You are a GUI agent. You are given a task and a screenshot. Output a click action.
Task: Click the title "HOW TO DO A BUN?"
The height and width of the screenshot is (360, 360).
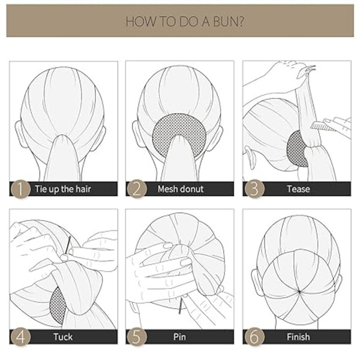(x=185, y=22)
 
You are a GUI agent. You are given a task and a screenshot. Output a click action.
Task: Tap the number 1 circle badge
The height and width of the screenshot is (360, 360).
(x=20, y=189)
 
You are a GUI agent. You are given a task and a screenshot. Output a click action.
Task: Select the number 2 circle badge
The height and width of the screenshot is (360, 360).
(x=137, y=189)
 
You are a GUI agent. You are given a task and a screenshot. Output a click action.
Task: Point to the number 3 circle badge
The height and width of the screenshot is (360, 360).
(x=254, y=189)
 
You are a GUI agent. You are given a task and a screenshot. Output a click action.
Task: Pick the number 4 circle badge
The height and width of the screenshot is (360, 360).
(x=20, y=337)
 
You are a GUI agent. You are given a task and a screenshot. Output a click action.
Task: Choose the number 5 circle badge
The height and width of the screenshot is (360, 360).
(x=137, y=337)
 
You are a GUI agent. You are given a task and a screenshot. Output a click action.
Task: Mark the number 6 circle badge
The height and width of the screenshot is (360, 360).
(x=254, y=337)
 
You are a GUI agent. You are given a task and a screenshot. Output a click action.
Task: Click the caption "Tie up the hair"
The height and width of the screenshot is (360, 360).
(x=63, y=190)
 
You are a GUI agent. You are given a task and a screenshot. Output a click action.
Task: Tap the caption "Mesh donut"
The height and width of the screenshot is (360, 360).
(x=181, y=189)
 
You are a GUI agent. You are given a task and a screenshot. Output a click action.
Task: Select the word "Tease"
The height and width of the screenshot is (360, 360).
(x=298, y=189)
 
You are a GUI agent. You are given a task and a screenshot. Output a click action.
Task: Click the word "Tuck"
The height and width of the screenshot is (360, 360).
(x=63, y=337)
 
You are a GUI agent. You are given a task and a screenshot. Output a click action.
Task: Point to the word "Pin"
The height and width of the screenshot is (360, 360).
(x=179, y=337)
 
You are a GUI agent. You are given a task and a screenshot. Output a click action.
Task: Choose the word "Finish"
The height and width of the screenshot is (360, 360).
(x=298, y=337)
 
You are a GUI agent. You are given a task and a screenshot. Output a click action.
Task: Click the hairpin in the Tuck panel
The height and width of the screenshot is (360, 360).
(x=68, y=245)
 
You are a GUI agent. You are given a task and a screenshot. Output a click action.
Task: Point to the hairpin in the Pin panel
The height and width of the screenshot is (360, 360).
(x=181, y=306)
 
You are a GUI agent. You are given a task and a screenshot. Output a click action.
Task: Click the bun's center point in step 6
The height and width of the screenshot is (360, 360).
(x=299, y=292)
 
